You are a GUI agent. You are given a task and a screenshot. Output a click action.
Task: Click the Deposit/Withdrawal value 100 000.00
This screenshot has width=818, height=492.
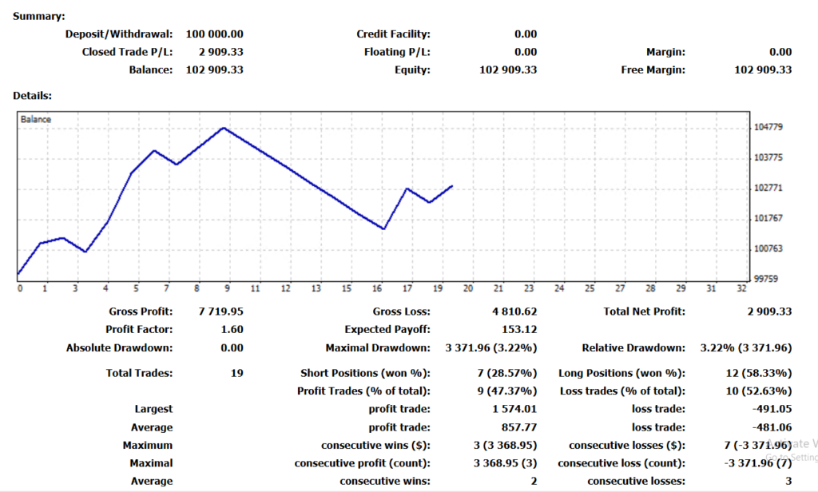tap(214, 34)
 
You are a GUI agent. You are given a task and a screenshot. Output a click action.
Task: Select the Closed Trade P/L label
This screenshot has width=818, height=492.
tap(127, 52)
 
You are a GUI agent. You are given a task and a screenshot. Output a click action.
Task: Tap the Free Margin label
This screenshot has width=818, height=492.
tap(653, 69)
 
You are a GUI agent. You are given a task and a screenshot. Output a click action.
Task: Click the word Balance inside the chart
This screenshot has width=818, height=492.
tap(36, 119)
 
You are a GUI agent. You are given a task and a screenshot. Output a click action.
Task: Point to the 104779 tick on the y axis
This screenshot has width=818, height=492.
tap(768, 128)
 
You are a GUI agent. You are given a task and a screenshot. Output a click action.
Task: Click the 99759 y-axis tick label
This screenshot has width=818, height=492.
tap(766, 279)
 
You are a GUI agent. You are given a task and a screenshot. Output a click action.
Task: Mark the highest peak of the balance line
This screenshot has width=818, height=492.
tap(224, 128)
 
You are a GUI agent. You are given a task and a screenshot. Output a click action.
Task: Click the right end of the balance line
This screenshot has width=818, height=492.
tap(453, 185)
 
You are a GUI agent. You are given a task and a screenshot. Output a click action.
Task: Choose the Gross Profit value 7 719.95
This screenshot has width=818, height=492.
tap(220, 311)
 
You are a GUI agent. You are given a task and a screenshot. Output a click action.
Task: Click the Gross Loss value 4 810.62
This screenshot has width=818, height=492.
tap(514, 311)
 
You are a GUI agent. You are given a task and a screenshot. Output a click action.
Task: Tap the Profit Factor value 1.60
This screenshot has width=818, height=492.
tap(232, 329)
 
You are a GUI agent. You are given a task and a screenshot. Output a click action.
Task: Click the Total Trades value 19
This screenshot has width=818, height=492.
tap(236, 373)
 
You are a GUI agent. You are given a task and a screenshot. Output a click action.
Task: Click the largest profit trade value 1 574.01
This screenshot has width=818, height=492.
tap(514, 410)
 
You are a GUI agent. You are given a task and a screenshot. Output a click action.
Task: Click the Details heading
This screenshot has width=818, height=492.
tap(33, 96)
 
